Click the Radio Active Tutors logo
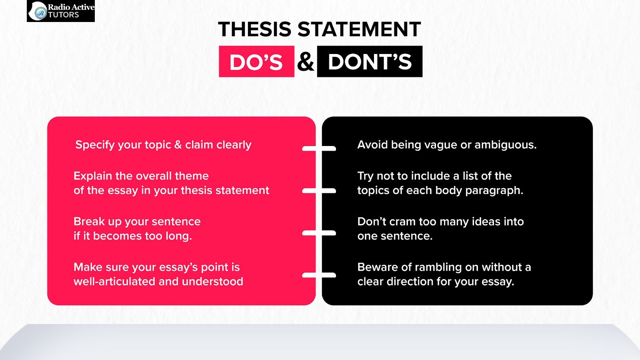[x=61, y=11]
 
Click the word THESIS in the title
[x=254, y=29]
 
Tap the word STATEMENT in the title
[x=359, y=29]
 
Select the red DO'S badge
[x=256, y=62]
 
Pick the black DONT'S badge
[x=370, y=62]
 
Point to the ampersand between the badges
[x=306, y=62]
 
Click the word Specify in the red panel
[x=95, y=145]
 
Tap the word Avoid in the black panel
[x=372, y=144]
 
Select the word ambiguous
[x=506, y=145]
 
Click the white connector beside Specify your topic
[x=319, y=148]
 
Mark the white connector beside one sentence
[x=319, y=233]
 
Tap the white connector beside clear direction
[x=319, y=275]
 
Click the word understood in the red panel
[x=212, y=282]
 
